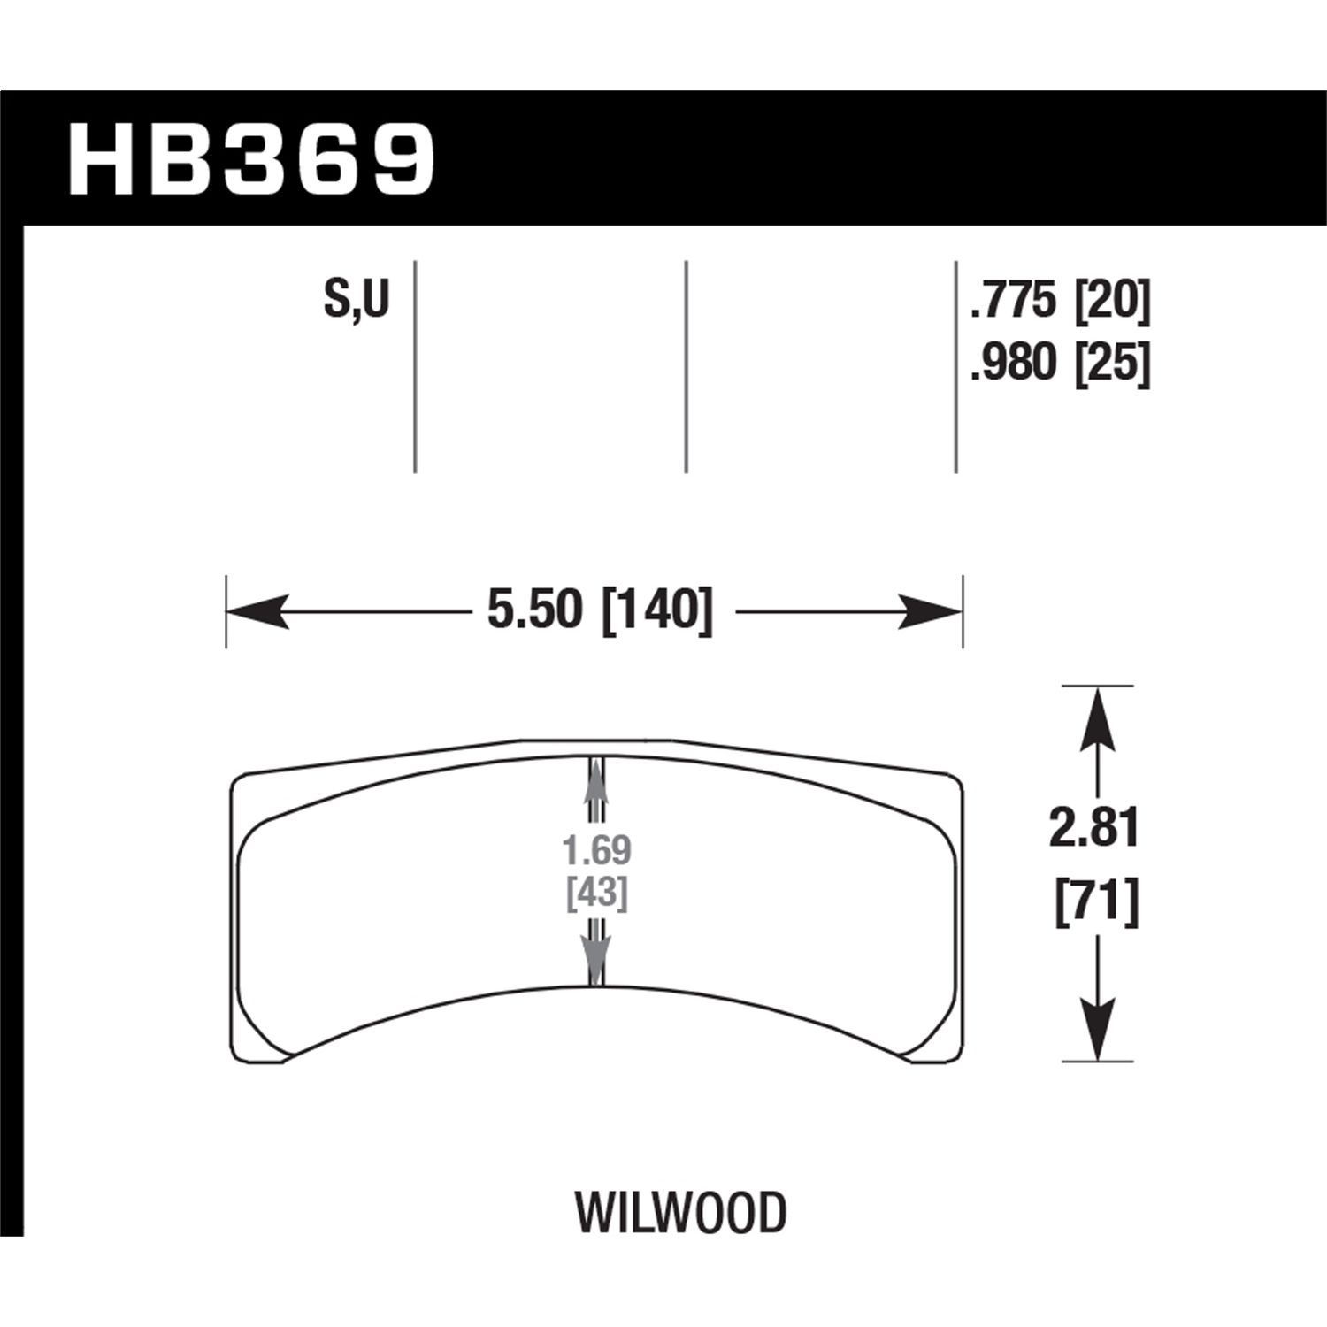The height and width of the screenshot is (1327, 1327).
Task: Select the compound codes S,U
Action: tap(357, 300)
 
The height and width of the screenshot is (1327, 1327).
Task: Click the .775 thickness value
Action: tap(1014, 303)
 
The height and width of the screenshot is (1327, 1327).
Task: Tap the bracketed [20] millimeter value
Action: tap(1111, 303)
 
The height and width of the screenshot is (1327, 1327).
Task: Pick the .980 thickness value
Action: tap(1014, 363)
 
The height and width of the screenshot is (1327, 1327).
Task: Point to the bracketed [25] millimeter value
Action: tap(1111, 363)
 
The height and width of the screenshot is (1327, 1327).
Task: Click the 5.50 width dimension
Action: tap(535, 611)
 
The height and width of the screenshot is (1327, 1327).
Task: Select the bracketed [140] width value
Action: tap(656, 611)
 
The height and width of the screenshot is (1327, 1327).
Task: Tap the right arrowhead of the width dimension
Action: tap(930, 611)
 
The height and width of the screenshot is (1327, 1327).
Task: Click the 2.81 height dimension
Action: tap(1095, 829)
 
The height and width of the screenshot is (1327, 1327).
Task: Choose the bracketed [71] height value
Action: tap(1096, 903)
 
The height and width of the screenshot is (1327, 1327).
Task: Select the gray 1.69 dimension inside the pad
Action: tap(597, 850)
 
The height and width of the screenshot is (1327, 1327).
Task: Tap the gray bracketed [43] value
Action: tap(597, 894)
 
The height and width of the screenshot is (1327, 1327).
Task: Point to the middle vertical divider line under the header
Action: tap(686, 367)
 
